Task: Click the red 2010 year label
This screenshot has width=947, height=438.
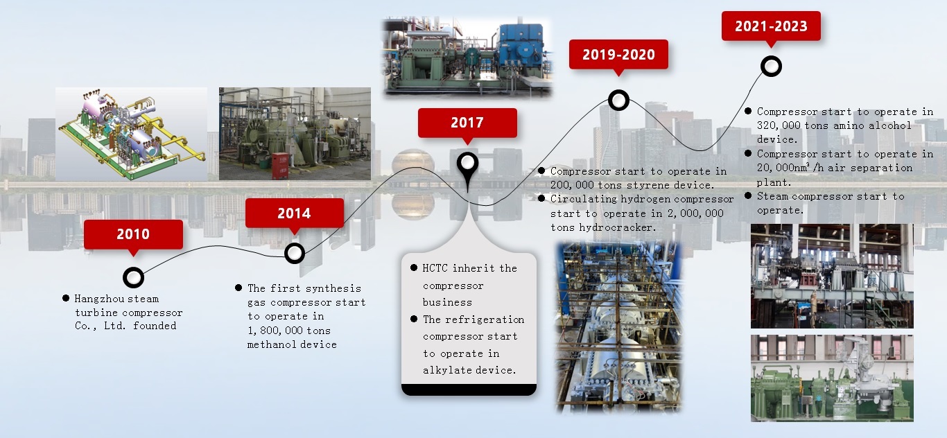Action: click(x=133, y=234)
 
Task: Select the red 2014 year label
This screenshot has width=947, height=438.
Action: click(x=294, y=213)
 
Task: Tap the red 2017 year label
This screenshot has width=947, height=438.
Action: click(x=467, y=123)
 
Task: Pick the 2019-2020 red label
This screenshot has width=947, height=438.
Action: click(x=618, y=54)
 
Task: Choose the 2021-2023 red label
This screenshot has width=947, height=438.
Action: click(x=771, y=26)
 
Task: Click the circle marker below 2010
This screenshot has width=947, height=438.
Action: click(x=133, y=277)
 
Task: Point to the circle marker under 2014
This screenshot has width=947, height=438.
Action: click(x=294, y=253)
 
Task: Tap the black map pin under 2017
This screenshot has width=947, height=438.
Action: click(x=467, y=169)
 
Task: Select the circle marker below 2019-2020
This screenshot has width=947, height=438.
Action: click(x=618, y=100)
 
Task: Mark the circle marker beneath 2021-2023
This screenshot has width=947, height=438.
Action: click(x=771, y=67)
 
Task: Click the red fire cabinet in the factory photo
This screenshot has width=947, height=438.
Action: click(x=280, y=166)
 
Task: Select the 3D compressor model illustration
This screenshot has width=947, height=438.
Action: click(x=132, y=134)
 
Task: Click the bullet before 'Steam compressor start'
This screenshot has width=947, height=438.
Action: click(x=748, y=195)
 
